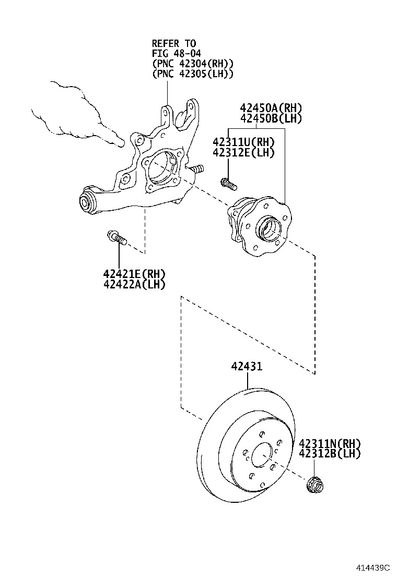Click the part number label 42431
pyautogui.click(x=247, y=367)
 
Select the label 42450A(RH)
pyautogui.click(x=271, y=108)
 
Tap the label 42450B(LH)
pyautogui.click(x=271, y=118)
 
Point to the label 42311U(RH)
pyautogui.click(x=243, y=142)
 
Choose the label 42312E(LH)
pyautogui.click(x=243, y=152)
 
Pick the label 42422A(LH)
pyautogui.click(x=134, y=284)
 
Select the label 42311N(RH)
pyautogui.click(x=330, y=443)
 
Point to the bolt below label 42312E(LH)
pyautogui.click(x=228, y=184)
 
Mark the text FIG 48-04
pyautogui.click(x=177, y=53)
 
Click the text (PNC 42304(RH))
pyautogui.click(x=192, y=64)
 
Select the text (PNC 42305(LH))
pyautogui.click(x=192, y=74)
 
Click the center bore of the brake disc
pyautogui.click(x=262, y=455)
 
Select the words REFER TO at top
pyautogui.click(x=174, y=43)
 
